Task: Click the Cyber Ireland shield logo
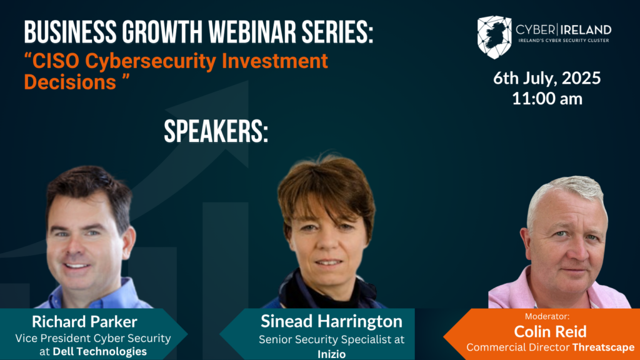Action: (494, 37)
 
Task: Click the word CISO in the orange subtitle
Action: (56, 62)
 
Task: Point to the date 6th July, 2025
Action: (547, 78)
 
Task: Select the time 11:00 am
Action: (547, 99)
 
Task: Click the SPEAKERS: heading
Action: (216, 132)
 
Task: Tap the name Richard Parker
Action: (84, 322)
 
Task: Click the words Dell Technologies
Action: (99, 351)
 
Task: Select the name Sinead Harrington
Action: (331, 321)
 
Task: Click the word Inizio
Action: (331, 354)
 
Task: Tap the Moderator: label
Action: (547, 316)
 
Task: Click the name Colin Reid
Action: (550, 331)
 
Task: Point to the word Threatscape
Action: (603, 347)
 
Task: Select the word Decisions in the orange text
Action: (70, 82)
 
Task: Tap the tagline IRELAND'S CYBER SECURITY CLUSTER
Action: (564, 41)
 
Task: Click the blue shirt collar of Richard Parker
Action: (118, 292)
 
